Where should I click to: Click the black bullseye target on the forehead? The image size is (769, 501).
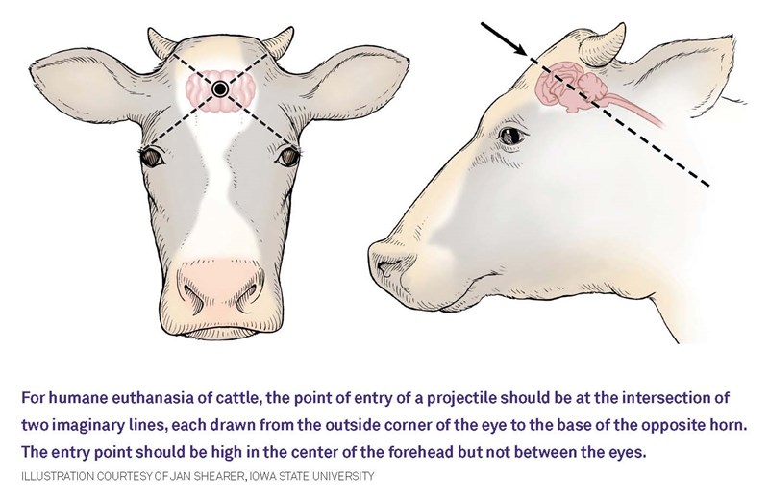tap(220, 88)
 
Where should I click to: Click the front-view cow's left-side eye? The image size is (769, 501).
tap(153, 157)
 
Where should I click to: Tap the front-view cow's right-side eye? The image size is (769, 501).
tap(287, 157)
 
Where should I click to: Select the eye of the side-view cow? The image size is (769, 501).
tap(512, 135)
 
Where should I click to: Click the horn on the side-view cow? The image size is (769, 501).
tap(605, 46)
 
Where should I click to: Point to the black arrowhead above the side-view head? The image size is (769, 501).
tap(520, 49)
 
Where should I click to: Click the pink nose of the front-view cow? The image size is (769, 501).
tap(220, 287)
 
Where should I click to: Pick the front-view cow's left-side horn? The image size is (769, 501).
tap(161, 42)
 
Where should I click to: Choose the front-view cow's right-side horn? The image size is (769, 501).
tap(279, 41)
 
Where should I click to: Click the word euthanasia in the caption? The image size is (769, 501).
tap(154, 397)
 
